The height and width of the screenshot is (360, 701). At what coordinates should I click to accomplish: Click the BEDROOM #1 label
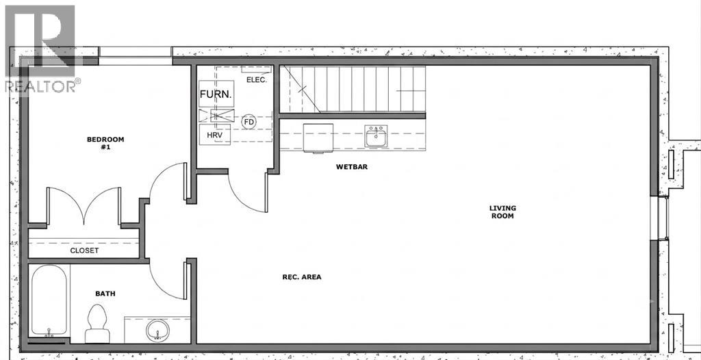[105, 142]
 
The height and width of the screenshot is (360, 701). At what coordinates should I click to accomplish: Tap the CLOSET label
[84, 250]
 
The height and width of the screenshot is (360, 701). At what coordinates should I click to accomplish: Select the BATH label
[105, 294]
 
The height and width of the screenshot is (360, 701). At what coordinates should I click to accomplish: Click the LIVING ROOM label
[502, 212]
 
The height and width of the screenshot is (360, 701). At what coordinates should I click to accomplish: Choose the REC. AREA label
[302, 277]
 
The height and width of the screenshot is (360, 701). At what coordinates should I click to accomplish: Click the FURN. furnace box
[216, 94]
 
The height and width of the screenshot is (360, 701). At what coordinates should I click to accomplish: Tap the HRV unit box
[214, 135]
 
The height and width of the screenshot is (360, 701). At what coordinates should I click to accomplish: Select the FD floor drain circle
[248, 122]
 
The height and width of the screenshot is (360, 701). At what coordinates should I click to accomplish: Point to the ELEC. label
[257, 80]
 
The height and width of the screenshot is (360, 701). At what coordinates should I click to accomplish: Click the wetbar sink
[376, 136]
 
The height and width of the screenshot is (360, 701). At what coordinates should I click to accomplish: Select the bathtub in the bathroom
[49, 300]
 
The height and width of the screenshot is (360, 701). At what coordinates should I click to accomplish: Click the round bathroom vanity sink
[158, 330]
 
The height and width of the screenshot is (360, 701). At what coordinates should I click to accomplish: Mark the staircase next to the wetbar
[353, 89]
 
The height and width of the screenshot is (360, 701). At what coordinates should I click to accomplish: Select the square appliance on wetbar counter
[318, 138]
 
